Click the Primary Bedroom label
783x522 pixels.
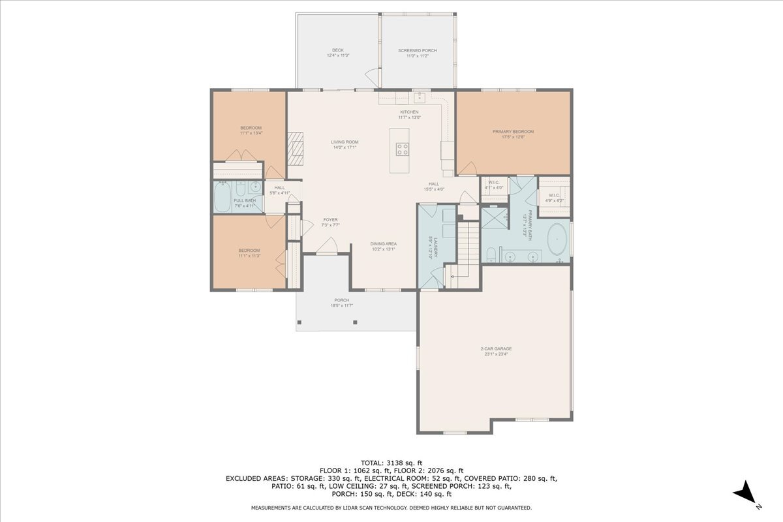pyautogui.click(x=513, y=134)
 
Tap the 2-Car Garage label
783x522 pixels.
pyautogui.click(x=495, y=351)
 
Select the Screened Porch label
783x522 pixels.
pyautogui.click(x=418, y=53)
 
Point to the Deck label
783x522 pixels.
pyautogui.click(x=338, y=53)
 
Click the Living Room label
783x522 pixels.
pyautogui.click(x=345, y=144)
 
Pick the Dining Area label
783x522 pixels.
pyautogui.click(x=384, y=246)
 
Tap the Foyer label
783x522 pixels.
pyautogui.click(x=330, y=222)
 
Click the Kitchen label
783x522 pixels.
pyautogui.click(x=409, y=114)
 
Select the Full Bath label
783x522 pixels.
pyautogui.click(x=245, y=203)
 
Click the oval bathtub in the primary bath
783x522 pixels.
pyautogui.click(x=557, y=240)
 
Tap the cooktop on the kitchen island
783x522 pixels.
pyautogui.click(x=402, y=149)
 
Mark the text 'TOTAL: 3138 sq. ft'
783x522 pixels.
pyautogui.click(x=391, y=463)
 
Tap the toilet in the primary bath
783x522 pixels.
pyautogui.click(x=491, y=253)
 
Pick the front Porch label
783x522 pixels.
pyautogui.click(x=343, y=303)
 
